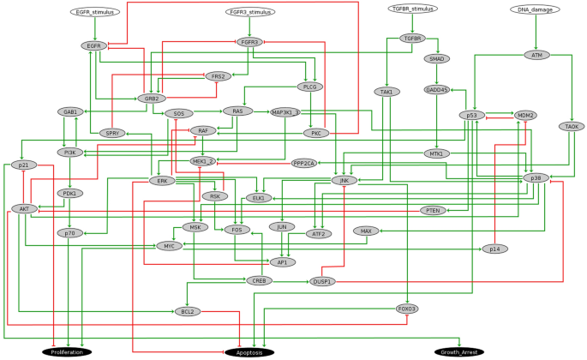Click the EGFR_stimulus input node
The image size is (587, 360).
(95, 13)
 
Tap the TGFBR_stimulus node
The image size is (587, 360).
(410, 9)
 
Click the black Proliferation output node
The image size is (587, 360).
(66, 352)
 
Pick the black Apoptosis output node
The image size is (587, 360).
(249, 352)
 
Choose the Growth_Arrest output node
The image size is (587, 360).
(459, 352)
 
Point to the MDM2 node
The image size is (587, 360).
(524, 115)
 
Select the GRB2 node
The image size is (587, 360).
(152, 99)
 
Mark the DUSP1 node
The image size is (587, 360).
(322, 281)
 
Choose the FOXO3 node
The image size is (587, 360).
(407, 308)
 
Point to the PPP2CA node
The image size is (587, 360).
(303, 163)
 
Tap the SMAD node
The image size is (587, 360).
(437, 59)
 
